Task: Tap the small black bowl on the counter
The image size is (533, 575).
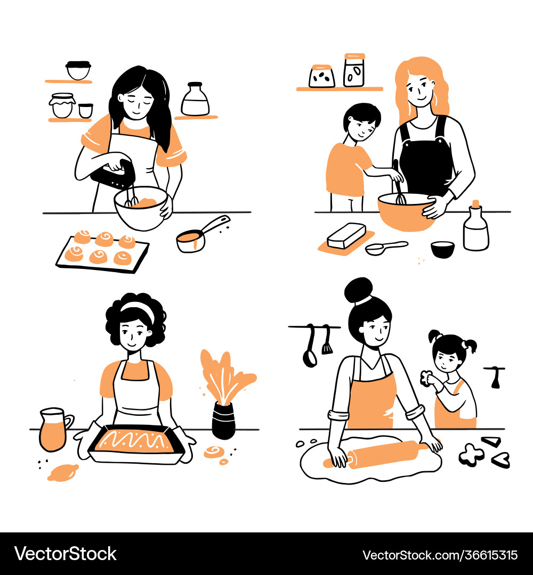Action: click(x=442, y=249)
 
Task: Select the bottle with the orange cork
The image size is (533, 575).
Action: click(x=475, y=227)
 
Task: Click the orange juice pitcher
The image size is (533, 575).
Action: click(x=53, y=429)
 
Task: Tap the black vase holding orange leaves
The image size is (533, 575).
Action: click(x=223, y=420)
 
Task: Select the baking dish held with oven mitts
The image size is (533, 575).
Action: click(x=136, y=444)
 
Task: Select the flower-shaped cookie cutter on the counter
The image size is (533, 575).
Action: click(x=471, y=454)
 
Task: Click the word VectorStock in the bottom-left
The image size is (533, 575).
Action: click(x=66, y=554)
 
